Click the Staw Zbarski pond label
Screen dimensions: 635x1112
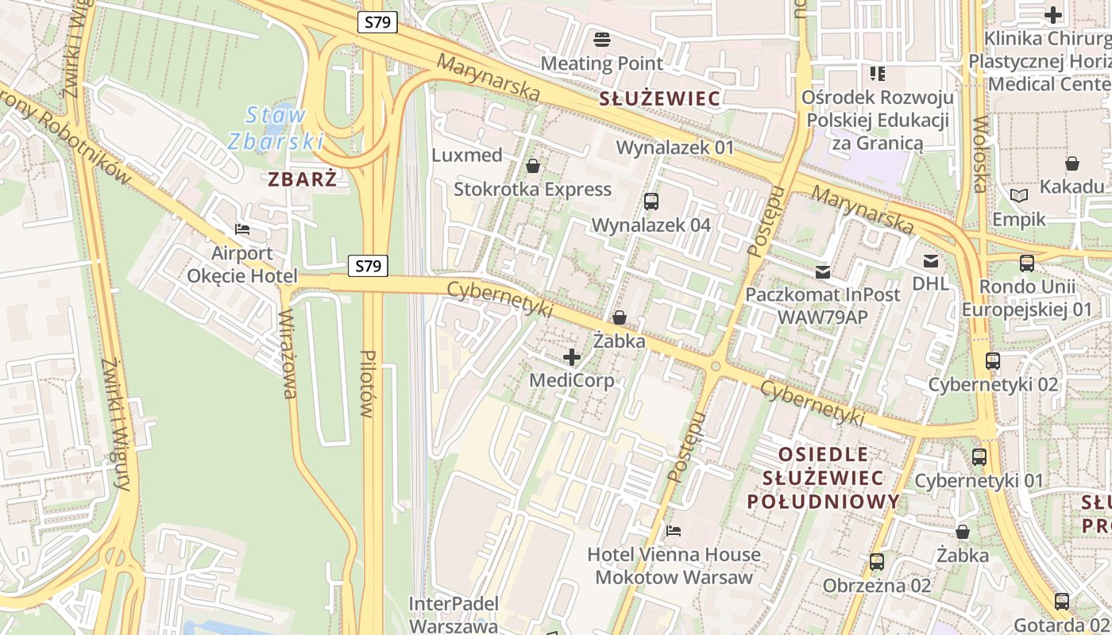click(x=276, y=128)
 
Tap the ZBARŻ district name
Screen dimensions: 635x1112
click(x=302, y=179)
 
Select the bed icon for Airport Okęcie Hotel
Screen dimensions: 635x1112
click(x=242, y=229)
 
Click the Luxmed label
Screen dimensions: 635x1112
click(x=467, y=155)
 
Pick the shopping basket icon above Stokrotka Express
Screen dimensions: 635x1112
click(x=533, y=166)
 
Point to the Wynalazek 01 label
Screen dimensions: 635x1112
click(x=675, y=148)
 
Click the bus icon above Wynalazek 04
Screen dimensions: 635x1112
click(x=651, y=202)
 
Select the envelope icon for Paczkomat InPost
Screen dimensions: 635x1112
click(x=822, y=272)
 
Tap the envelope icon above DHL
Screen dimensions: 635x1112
click(x=930, y=261)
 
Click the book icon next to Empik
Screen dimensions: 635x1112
click(x=1019, y=195)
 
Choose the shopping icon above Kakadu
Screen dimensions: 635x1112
click(x=1072, y=164)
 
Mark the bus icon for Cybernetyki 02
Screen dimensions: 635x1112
click(x=992, y=361)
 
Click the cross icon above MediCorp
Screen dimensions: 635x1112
click(x=571, y=357)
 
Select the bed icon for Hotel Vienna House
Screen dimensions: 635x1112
click(x=674, y=530)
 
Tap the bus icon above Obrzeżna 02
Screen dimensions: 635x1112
click(x=877, y=562)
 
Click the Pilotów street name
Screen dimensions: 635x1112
click(x=366, y=383)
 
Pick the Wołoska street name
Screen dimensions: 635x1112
click(x=979, y=155)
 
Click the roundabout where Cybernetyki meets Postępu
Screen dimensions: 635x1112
click(x=715, y=366)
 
